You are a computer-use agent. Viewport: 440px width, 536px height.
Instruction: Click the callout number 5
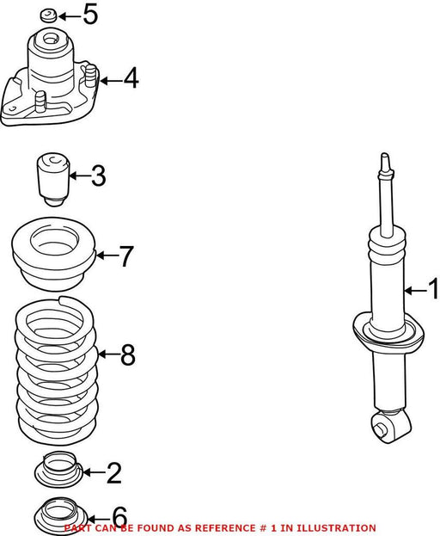pyautogui.click(x=90, y=15)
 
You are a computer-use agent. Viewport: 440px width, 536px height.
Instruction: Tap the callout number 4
pyautogui.click(x=131, y=78)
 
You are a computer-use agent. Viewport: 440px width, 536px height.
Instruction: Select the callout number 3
pyautogui.click(x=99, y=176)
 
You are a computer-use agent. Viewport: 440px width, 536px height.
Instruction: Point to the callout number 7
pyautogui.click(x=125, y=256)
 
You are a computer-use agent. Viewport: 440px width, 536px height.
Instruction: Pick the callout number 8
pyautogui.click(x=128, y=354)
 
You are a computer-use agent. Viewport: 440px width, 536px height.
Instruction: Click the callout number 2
pyautogui.click(x=114, y=472)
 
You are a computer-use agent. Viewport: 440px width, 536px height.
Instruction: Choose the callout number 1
pyautogui.click(x=433, y=289)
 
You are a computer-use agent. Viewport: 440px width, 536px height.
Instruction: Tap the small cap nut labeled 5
pyautogui.click(x=49, y=15)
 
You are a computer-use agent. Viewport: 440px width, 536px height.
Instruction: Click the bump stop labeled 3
pyautogui.click(x=53, y=179)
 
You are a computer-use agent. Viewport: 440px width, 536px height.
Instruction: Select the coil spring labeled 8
pyautogui.click(x=57, y=371)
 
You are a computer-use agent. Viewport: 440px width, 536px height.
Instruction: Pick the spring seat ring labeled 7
pyautogui.click(x=53, y=254)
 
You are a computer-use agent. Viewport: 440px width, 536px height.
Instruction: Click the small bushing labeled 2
pyautogui.click(x=59, y=469)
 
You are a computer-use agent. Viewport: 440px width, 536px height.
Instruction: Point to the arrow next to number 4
pyautogui.click(x=110, y=81)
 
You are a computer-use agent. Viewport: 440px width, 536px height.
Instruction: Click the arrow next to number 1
pyautogui.click(x=415, y=291)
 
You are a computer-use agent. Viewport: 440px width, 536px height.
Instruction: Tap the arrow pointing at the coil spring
pyautogui.click(x=108, y=354)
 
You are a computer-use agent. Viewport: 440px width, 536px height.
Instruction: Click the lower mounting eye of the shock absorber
pyautogui.click(x=390, y=426)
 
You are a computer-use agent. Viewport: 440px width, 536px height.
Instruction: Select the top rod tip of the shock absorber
pyautogui.click(x=385, y=157)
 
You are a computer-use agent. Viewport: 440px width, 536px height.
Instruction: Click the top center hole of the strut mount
pyautogui.click(x=50, y=38)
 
